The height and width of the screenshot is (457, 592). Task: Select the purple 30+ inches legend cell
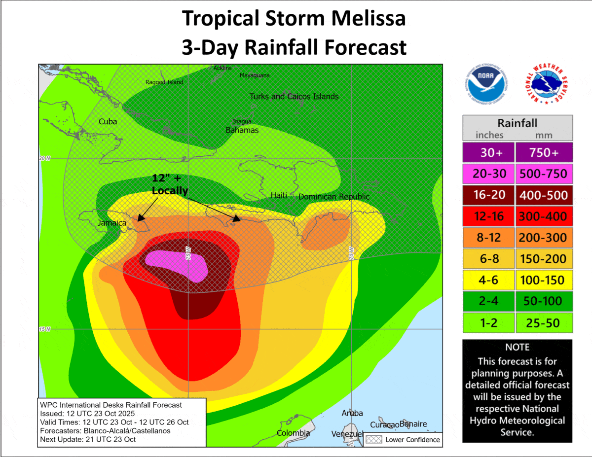coord(488,153)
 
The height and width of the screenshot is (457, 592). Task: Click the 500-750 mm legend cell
coord(544,174)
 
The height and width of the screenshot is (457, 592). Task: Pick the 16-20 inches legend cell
coord(488,195)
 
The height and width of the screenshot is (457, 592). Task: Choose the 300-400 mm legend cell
coord(544,216)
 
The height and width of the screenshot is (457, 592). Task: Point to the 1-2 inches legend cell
coord(488,323)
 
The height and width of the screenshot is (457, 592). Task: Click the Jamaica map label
coord(111,223)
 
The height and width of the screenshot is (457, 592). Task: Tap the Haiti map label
coord(279,196)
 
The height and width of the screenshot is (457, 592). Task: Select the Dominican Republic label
coord(334,197)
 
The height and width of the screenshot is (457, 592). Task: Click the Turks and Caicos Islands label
coord(294,97)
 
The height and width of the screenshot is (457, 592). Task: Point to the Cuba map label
coord(108,121)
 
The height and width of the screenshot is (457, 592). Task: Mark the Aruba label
coord(352,413)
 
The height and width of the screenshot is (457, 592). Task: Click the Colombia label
coord(293,433)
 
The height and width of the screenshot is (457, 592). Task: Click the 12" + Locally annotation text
coord(170,185)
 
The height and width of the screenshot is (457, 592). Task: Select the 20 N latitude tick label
coord(45,158)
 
